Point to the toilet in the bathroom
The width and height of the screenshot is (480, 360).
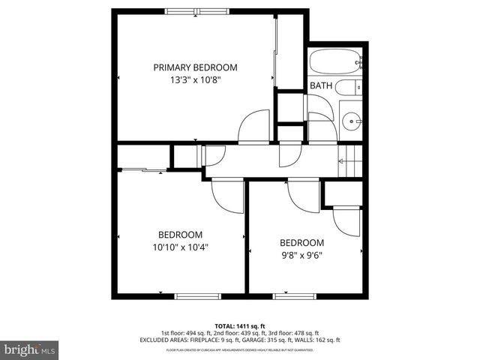[348, 88]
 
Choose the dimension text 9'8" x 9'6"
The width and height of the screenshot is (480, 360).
[301, 255]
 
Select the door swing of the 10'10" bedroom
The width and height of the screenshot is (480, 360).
[226, 196]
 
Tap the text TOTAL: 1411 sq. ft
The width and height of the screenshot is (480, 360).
[240, 325]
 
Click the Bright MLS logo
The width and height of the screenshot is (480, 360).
[29, 349]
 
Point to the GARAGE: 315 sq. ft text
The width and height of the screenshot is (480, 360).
[277, 340]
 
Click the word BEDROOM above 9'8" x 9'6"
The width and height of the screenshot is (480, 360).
[301, 243]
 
